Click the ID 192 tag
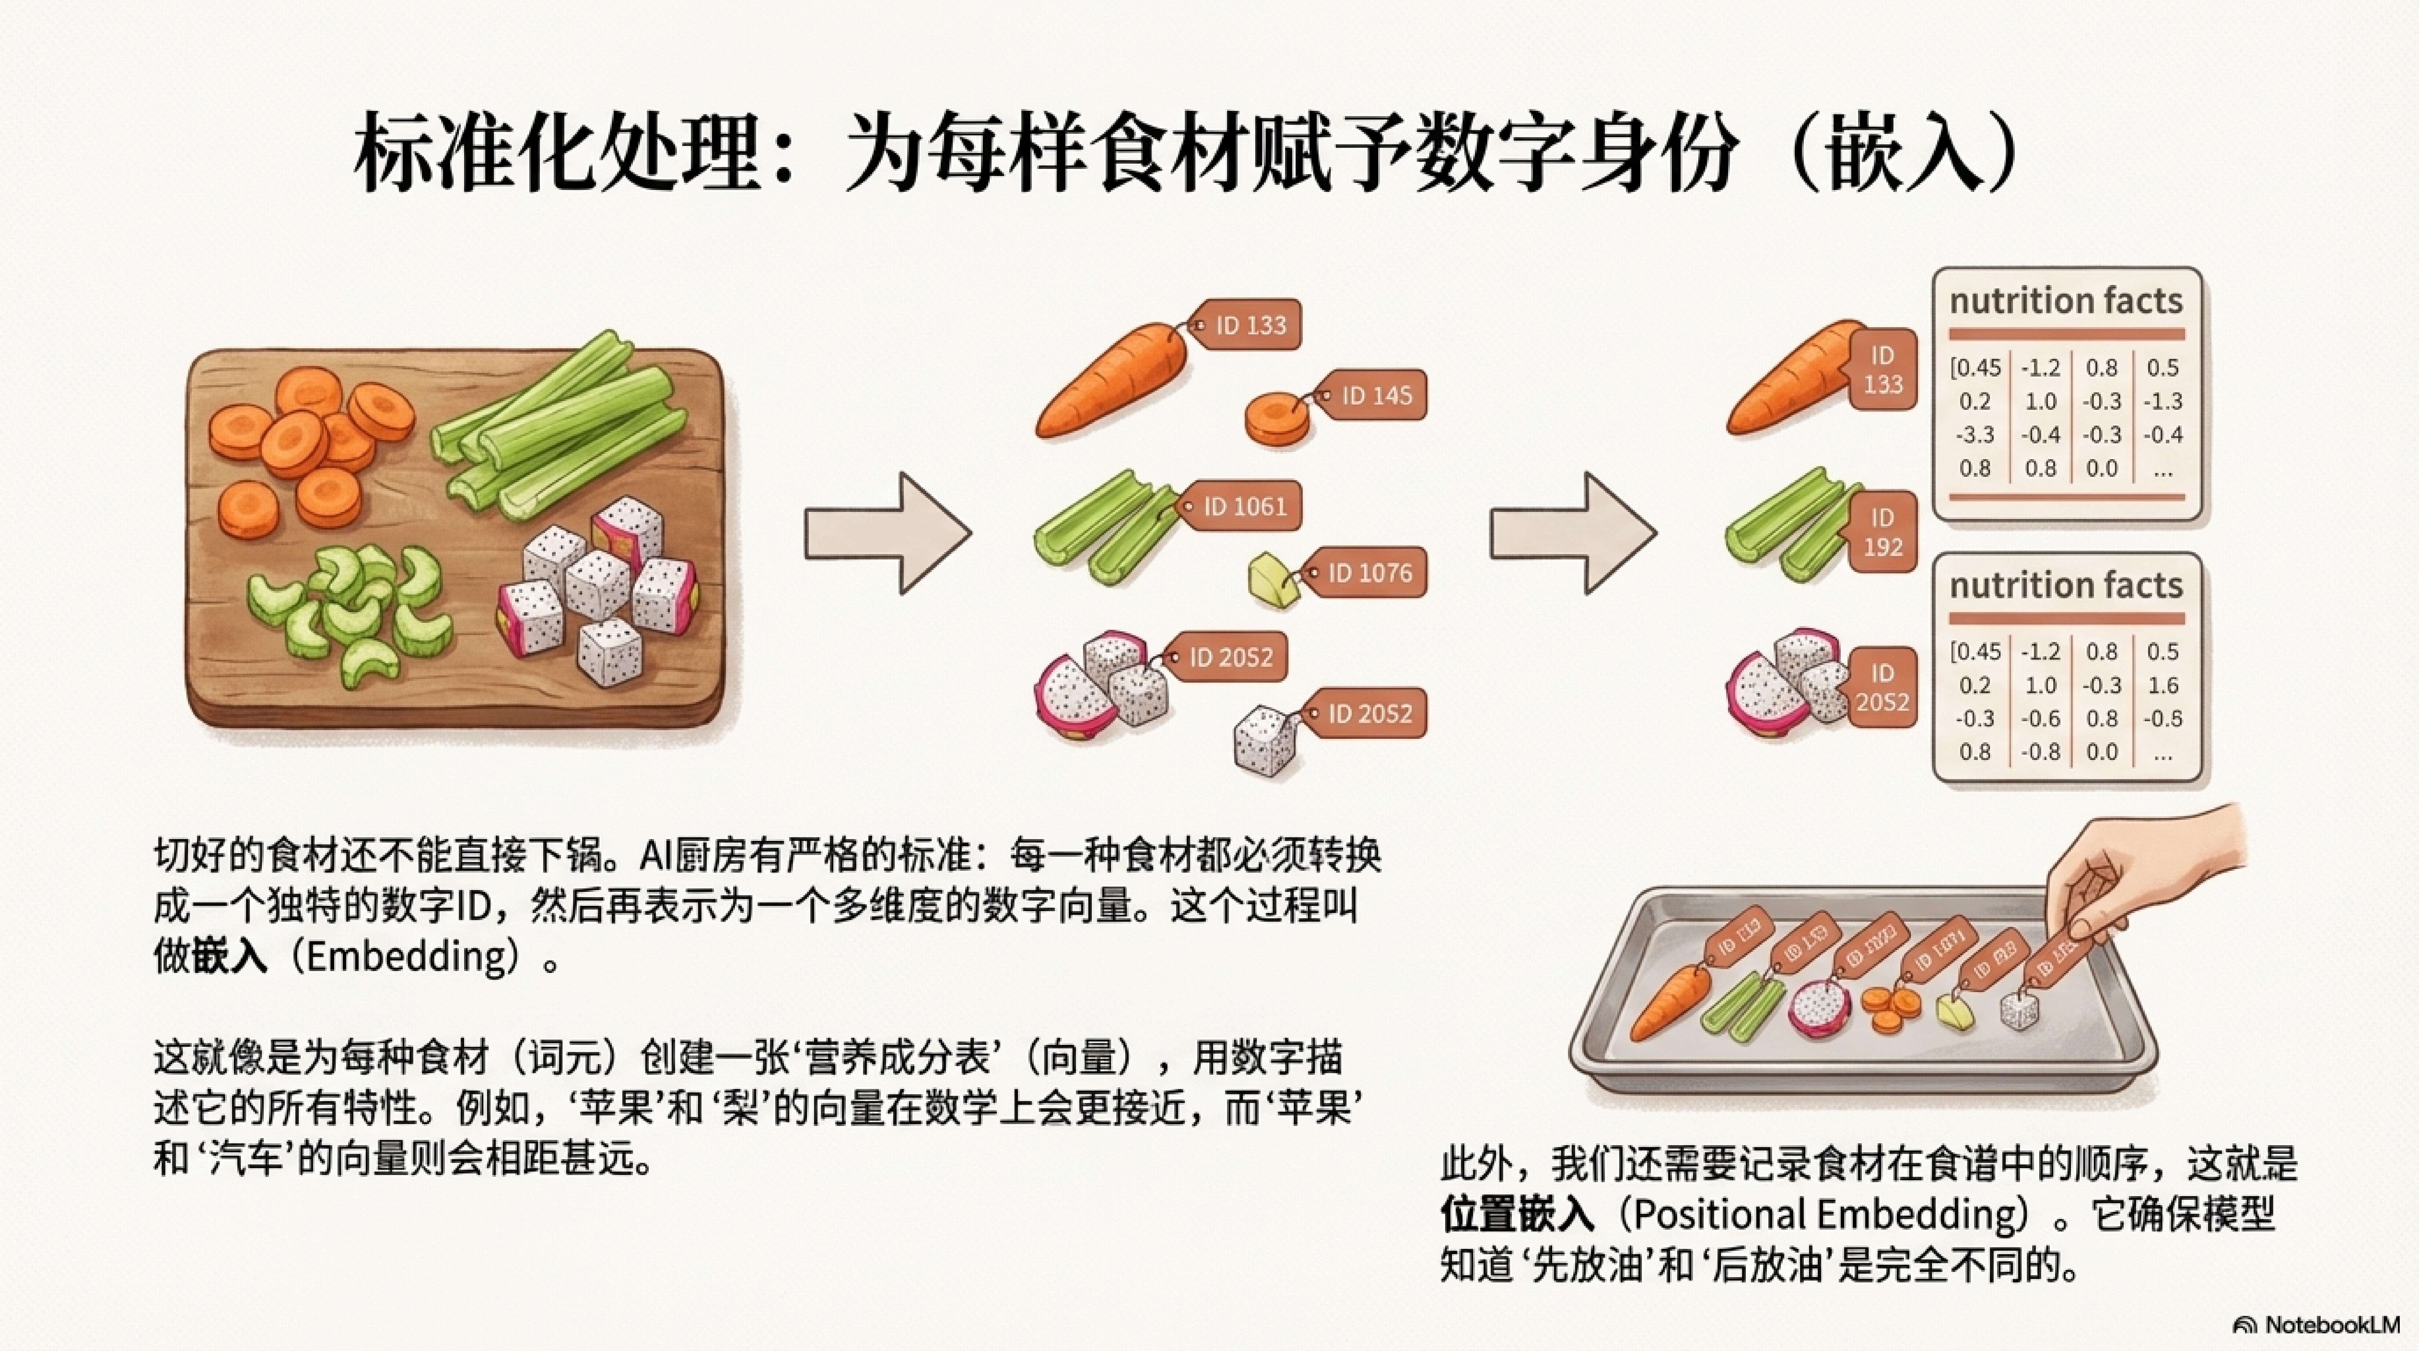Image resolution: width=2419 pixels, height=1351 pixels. coord(1882,532)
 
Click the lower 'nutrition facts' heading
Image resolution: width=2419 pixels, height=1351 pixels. coord(2066,585)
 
